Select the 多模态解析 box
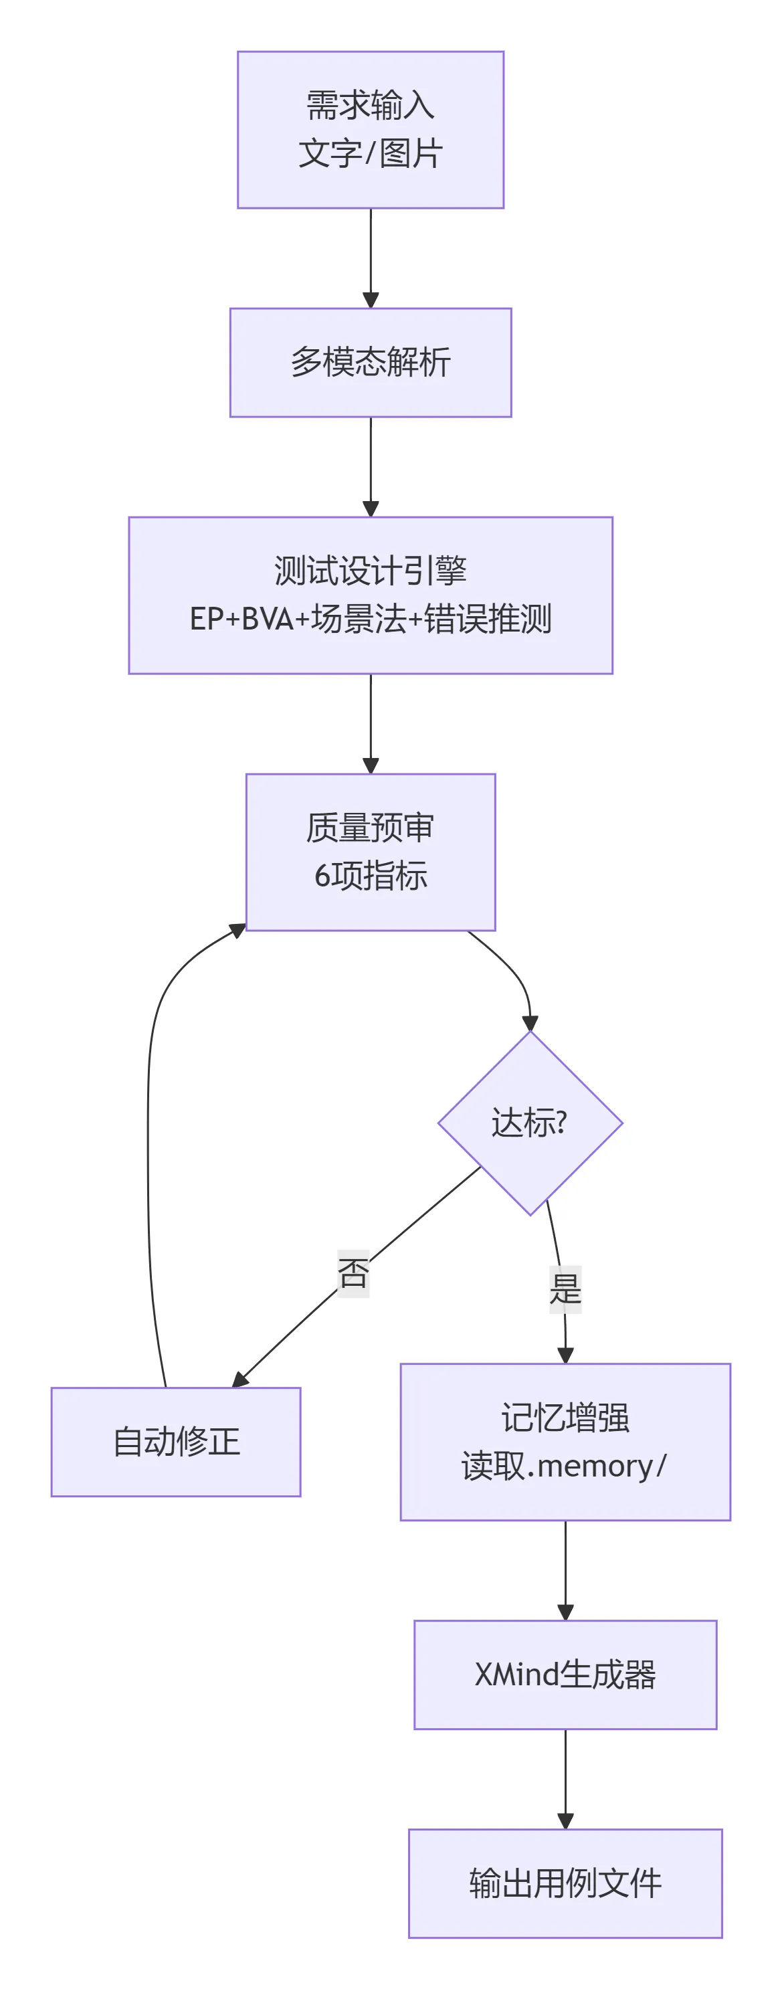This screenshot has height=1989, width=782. click(371, 363)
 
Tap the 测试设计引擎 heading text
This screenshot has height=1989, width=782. click(371, 571)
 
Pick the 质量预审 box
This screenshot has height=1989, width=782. click(371, 828)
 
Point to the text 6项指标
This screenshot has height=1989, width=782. click(371, 876)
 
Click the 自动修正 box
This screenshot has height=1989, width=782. click(176, 1442)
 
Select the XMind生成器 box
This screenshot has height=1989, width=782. click(565, 1675)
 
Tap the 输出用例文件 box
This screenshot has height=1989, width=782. click(565, 1883)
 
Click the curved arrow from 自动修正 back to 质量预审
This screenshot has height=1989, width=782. click(149, 1158)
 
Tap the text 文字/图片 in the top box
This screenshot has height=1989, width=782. click(371, 154)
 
